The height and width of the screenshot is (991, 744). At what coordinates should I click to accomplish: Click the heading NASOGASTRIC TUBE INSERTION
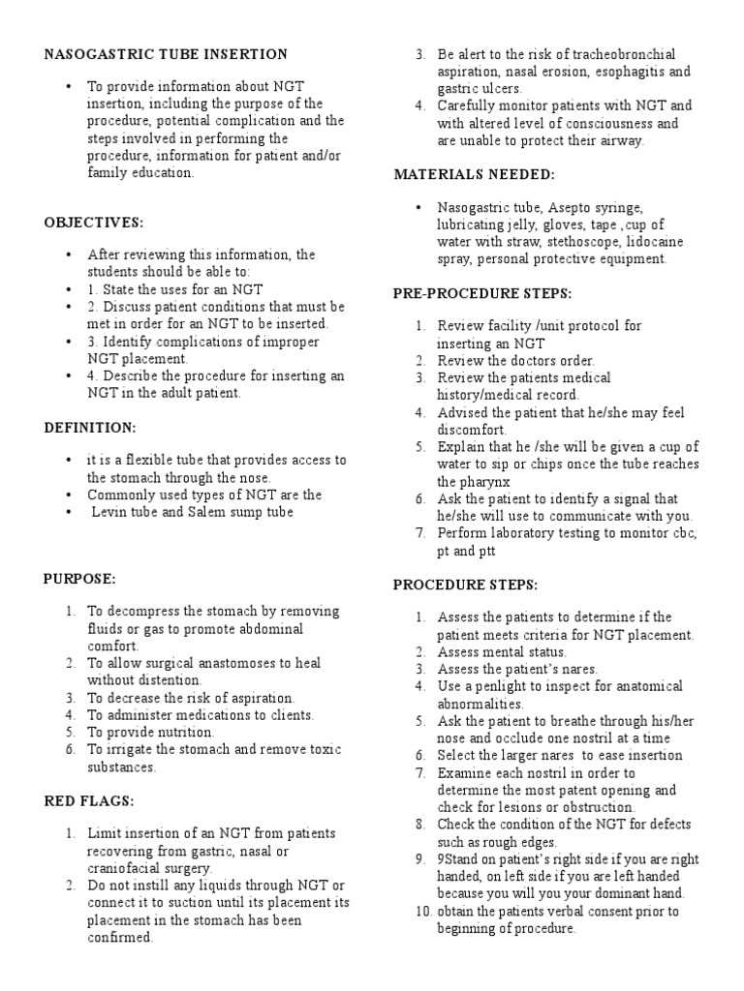(x=166, y=54)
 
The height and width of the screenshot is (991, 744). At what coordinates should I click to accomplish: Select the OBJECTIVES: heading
(x=93, y=223)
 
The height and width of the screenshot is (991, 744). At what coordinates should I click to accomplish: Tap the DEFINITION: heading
(x=90, y=427)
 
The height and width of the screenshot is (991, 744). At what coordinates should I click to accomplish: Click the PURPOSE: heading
(x=79, y=579)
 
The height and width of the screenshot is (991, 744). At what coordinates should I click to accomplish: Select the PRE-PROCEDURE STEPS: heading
(x=482, y=292)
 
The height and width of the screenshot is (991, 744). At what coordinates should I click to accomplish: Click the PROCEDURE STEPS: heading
(x=464, y=585)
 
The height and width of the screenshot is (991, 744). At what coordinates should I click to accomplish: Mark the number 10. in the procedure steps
(x=422, y=912)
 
